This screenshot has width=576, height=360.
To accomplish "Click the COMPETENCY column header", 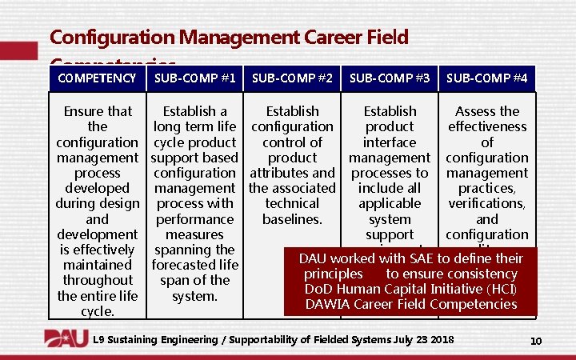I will (97, 78).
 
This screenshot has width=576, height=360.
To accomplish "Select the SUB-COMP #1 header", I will (194, 78).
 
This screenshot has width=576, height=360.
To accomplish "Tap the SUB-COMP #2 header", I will (292, 78).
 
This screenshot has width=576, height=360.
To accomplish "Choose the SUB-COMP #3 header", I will (390, 78).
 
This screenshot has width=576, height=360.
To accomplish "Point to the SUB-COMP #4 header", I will (486, 78).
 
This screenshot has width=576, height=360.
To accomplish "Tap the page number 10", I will (536, 342).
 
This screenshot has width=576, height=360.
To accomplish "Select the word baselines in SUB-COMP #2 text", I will (292, 219).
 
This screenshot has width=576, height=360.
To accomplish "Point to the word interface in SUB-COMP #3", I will (390, 142).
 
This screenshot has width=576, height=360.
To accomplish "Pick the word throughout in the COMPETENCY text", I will (97, 280).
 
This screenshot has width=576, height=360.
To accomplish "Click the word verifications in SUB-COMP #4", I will (486, 204).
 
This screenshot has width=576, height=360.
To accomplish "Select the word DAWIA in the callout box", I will (331, 304).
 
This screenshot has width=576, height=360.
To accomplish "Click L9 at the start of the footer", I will (101, 340).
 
